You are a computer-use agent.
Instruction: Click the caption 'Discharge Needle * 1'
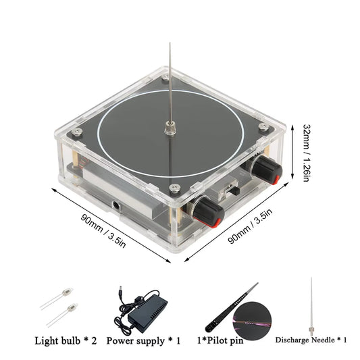[311, 340]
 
